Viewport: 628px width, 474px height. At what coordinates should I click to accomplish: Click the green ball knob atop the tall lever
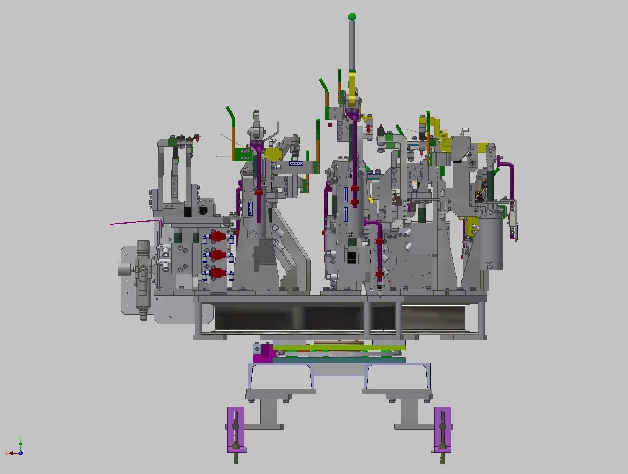(x=352, y=17)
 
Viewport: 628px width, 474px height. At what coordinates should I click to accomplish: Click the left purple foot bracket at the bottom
(x=236, y=429)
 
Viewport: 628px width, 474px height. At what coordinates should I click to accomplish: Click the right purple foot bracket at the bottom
(x=442, y=429)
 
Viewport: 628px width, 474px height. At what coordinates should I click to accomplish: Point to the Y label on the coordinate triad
(x=20, y=439)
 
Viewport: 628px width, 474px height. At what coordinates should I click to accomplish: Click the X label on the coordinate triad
(x=7, y=454)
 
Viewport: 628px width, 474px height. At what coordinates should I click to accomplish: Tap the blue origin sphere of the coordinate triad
(x=20, y=453)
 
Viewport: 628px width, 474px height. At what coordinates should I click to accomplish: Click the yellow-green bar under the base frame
(x=339, y=348)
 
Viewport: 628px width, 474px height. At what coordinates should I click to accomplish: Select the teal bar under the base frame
(x=339, y=360)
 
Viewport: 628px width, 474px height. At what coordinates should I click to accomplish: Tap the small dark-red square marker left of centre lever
(x=330, y=125)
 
